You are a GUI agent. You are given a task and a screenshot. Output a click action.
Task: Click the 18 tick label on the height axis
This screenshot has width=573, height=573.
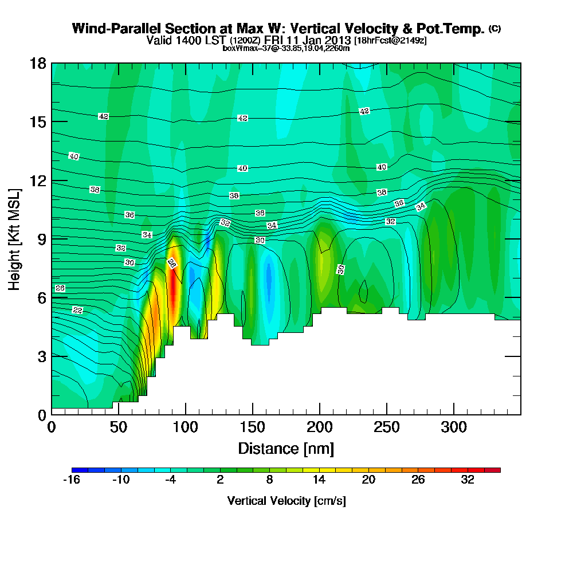38,63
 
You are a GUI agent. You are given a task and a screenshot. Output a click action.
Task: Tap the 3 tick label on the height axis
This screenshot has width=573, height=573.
42,356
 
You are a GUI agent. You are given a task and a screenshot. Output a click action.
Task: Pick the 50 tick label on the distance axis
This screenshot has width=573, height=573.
118,427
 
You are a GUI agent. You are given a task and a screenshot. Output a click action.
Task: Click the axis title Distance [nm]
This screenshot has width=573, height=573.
286,448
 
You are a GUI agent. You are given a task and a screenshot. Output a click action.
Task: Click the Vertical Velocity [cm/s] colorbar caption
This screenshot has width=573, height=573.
286,501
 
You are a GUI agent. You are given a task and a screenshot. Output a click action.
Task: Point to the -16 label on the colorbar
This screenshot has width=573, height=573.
72,480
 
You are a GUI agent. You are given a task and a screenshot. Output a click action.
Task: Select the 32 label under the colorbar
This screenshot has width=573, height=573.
468,480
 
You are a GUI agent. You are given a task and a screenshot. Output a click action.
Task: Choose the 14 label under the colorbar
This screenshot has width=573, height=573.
319,480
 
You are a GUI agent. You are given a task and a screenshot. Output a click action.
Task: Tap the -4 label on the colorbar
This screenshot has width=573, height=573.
170,480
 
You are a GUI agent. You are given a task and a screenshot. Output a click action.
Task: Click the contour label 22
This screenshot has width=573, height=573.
78,310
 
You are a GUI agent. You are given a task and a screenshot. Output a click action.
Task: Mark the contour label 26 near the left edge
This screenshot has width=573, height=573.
60,288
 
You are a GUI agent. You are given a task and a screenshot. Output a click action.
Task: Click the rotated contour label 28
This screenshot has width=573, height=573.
171,263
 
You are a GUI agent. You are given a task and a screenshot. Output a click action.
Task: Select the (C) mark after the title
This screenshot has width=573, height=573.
494,29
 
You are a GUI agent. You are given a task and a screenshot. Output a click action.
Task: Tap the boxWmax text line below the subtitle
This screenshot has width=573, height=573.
286,48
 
